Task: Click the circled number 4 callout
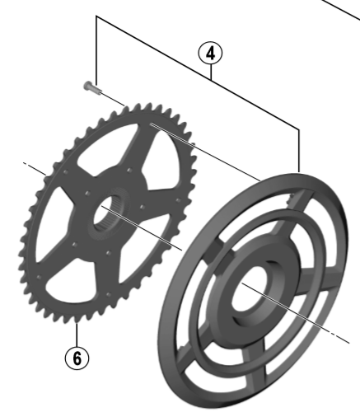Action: click(210, 54)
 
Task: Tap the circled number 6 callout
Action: click(77, 358)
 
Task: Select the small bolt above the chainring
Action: click(92, 87)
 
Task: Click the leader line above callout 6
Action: click(77, 335)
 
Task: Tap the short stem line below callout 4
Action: click(211, 73)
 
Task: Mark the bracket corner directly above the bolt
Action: click(96, 16)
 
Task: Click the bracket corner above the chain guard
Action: click(299, 129)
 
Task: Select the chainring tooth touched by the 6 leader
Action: click(77, 320)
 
